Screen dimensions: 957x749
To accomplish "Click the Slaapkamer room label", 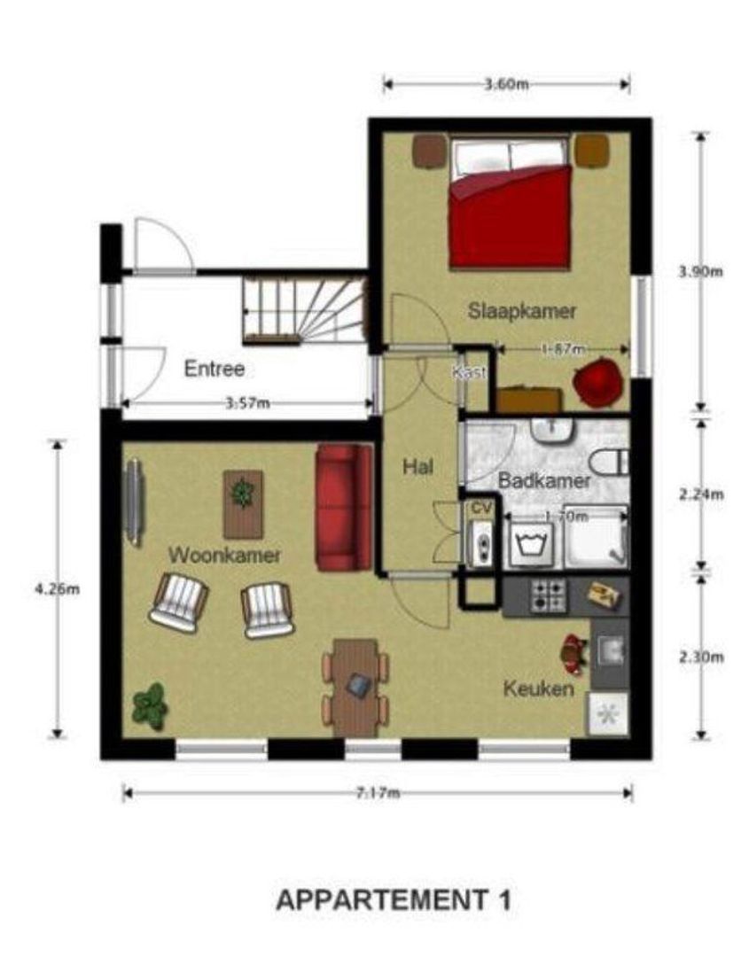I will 522,311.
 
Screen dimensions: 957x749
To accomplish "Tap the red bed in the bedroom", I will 510,213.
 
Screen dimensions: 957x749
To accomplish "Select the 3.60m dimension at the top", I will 506,85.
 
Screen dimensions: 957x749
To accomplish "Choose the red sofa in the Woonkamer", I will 344,508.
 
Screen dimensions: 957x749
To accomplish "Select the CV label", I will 480,509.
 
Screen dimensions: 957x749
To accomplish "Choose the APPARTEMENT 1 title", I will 394,900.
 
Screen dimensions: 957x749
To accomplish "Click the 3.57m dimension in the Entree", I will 247,404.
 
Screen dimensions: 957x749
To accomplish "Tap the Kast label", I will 470,373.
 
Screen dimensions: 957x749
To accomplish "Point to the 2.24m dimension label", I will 701,494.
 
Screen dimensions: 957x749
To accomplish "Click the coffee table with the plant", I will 243,503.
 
